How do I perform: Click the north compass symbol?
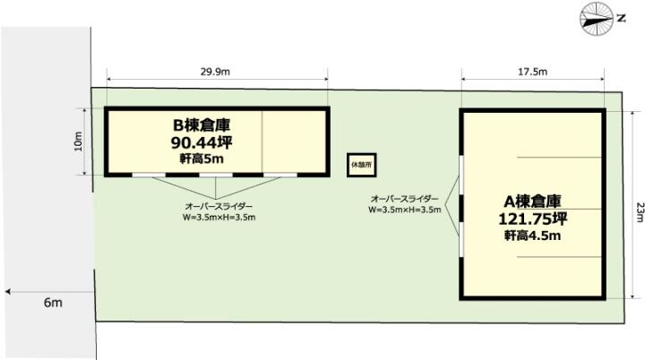tap(597, 19)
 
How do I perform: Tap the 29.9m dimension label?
tap(215, 72)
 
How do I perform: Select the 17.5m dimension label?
tap(532, 72)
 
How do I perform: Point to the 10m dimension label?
tap(78, 141)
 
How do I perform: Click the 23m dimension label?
tap(639, 212)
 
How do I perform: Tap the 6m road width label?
tap(53, 303)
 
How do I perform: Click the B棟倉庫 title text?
tap(202, 124)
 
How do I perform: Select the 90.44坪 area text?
tap(202, 142)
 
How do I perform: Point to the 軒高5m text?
tap(202, 159)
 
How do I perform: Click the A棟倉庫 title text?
tap(533, 201)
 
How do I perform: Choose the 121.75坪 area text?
tap(533, 219)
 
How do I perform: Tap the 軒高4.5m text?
tap(533, 236)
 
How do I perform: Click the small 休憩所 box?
tap(362, 165)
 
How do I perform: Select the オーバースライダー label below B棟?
tap(219, 206)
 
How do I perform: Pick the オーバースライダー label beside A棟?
tap(405, 199)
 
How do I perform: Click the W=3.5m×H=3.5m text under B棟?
tap(219, 218)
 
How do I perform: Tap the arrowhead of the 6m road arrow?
tap(8, 292)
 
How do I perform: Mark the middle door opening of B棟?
tap(216, 175)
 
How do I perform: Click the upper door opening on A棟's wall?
tap(461, 175)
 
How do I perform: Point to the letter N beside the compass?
tap(621, 18)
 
